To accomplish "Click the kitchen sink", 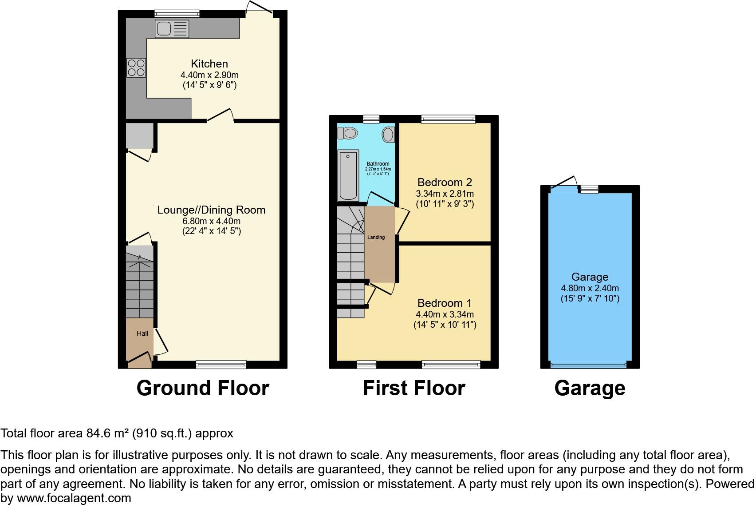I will tap(172, 29).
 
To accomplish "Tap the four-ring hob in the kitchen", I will tap(136, 68).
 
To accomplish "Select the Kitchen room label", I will tap(209, 63).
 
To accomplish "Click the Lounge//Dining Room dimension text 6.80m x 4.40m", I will tap(211, 221).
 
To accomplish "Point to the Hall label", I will tap(142, 333).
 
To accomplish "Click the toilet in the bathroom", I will tap(347, 133).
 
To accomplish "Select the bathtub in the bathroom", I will tap(348, 175).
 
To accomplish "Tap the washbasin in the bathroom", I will tap(388, 135).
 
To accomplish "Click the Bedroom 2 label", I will tap(445, 182).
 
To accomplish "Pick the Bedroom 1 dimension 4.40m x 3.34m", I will tap(445, 314).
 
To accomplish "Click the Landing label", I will tap(376, 237).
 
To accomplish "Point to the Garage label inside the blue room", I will tap(590, 277).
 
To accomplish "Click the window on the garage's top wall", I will tap(589, 190).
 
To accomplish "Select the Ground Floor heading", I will tap(203, 388).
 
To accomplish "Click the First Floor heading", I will tap(413, 388).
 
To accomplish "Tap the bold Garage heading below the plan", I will tap(590, 388).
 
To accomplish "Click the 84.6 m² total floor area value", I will tap(108, 433).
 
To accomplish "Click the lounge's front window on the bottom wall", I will tap(221, 365).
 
